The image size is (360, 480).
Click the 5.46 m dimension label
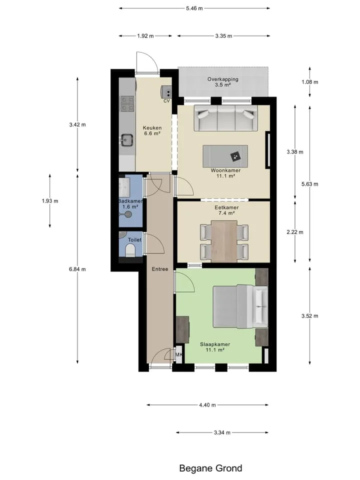tap(194, 8)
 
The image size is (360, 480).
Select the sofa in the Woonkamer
tap(226, 118)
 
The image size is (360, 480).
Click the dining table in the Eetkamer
tap(224, 241)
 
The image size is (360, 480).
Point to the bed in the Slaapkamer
tap(240, 306)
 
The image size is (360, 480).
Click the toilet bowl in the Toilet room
tap(130, 251)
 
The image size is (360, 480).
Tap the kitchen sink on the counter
tap(126, 140)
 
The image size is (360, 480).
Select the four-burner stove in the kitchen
tap(127, 103)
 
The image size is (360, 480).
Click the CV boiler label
tap(166, 100)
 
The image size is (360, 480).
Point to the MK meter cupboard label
tap(179, 354)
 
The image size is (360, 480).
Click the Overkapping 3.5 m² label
tap(223, 82)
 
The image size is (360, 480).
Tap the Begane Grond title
tap(210, 468)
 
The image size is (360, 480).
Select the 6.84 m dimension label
tap(77, 269)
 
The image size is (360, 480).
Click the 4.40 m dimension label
tap(207, 405)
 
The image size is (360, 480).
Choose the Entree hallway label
tap(160, 269)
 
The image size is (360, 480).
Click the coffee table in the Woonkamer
tap(225, 156)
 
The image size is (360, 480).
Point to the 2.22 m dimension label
tap(295, 232)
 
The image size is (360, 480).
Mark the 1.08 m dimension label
tap(310, 82)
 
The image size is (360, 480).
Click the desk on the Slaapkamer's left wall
tap(183, 329)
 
